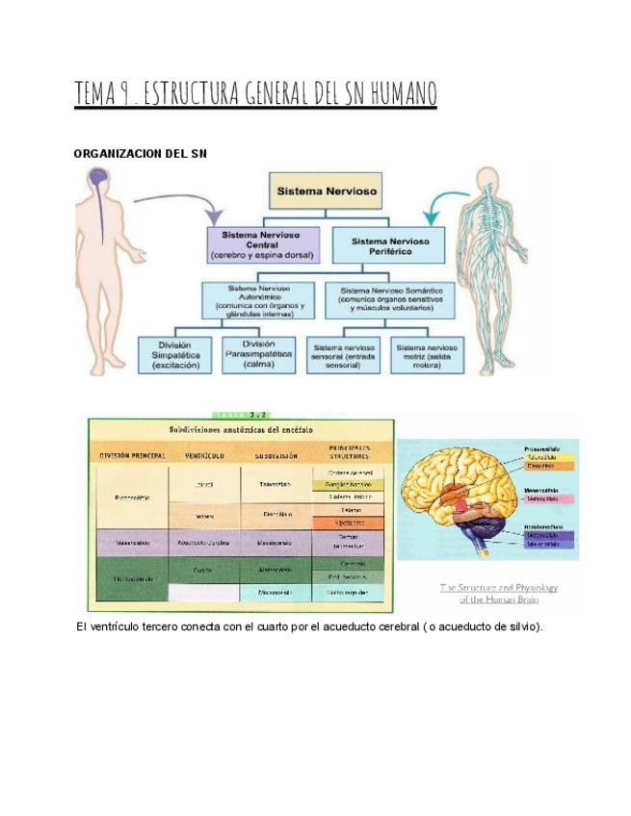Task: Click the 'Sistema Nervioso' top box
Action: coord(328,191)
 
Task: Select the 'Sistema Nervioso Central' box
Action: coord(260,245)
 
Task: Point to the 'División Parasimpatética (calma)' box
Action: coord(258,355)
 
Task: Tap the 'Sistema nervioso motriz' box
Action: coord(427,355)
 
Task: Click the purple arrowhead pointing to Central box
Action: coord(218,216)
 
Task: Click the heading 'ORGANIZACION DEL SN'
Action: coord(141,153)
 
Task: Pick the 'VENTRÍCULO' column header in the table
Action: coord(203,455)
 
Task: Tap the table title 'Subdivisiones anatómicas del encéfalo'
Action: coord(241,430)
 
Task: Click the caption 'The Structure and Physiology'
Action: coord(498,587)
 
